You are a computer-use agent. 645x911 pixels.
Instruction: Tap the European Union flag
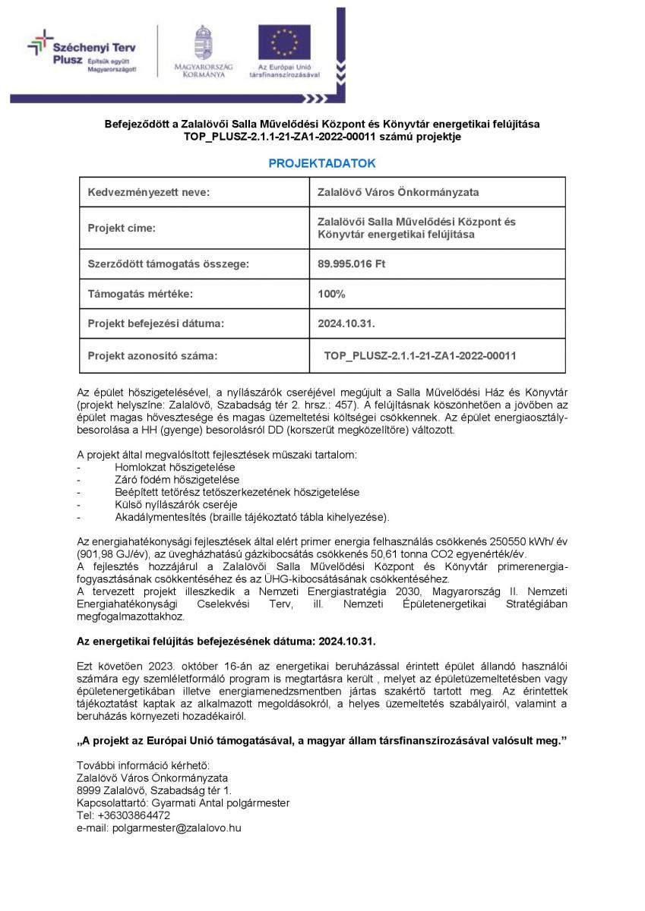click(284, 43)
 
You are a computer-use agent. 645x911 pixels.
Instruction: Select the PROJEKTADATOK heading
click(322, 163)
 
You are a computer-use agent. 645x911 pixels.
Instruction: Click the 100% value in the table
click(331, 294)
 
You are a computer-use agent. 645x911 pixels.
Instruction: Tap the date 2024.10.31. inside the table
click(346, 324)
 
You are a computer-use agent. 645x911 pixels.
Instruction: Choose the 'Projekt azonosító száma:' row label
click(152, 355)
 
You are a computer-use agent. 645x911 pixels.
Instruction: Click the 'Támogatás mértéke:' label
click(140, 294)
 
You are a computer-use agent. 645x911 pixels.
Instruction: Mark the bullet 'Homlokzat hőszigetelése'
click(174, 468)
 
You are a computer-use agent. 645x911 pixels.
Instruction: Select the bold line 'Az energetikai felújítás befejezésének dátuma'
click(226, 641)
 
